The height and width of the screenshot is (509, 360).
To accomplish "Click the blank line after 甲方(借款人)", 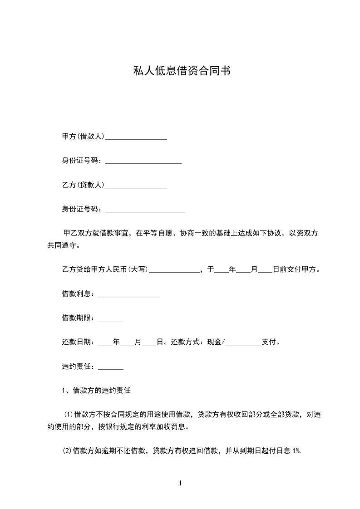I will point(136,137).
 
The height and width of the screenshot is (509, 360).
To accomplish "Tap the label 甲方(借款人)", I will point(83,136).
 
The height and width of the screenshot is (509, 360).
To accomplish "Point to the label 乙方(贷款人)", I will point(83,185).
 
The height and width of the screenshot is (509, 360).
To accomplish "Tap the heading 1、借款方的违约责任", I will point(96,390).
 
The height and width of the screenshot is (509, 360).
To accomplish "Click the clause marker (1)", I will point(68,415).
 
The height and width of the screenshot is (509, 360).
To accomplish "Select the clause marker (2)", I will point(67,451).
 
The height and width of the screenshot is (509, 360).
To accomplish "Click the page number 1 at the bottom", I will point(180,484).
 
